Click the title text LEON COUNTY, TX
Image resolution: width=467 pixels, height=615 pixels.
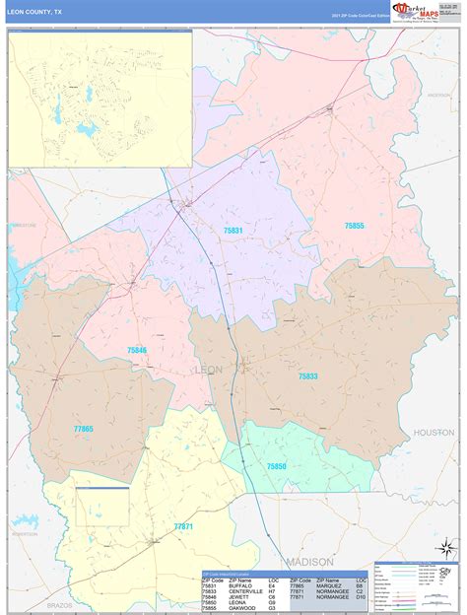pos(34,12)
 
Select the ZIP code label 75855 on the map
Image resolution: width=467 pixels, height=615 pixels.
pos(354,226)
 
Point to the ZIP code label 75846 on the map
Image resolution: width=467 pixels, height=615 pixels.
pos(136,350)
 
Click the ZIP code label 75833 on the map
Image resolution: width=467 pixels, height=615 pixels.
pos(308,376)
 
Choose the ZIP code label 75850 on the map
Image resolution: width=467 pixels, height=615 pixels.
pos(276,465)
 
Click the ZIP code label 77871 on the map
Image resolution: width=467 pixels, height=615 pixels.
pos(182,526)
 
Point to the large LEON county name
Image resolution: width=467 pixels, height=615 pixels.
pos(209,370)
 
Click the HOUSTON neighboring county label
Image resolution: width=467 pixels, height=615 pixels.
pos(434,433)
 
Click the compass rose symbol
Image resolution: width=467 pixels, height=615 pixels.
pos(447,547)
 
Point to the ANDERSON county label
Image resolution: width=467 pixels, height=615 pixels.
pos(438,95)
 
